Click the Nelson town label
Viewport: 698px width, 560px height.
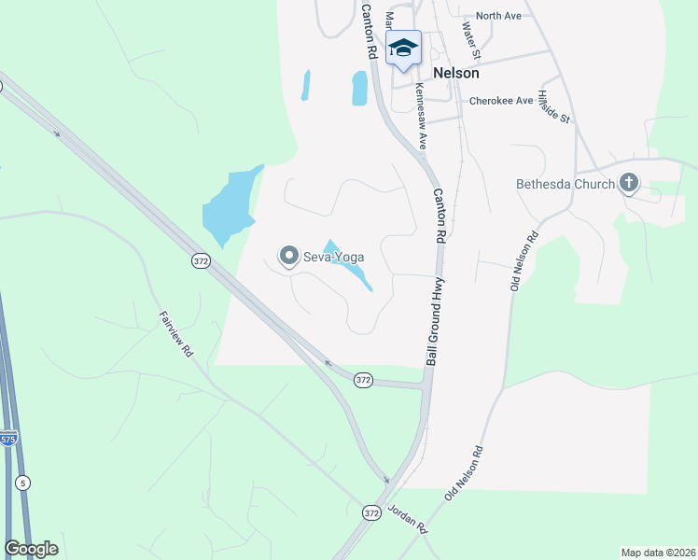pyautogui.click(x=456, y=73)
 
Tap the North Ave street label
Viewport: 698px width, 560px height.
pyautogui.click(x=498, y=16)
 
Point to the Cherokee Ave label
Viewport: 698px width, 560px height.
pyautogui.click(x=501, y=101)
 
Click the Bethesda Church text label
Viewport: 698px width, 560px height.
pyautogui.click(x=565, y=184)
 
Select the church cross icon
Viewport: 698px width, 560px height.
pyautogui.click(x=629, y=183)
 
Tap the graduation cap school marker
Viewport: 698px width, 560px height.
pyautogui.click(x=404, y=48)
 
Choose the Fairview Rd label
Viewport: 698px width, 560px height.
pyautogui.click(x=175, y=333)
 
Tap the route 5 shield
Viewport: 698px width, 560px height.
pyautogui.click(x=22, y=483)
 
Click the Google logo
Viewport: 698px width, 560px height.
pyautogui.click(x=31, y=549)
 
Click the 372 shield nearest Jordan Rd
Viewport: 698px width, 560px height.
pyautogui.click(x=370, y=513)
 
